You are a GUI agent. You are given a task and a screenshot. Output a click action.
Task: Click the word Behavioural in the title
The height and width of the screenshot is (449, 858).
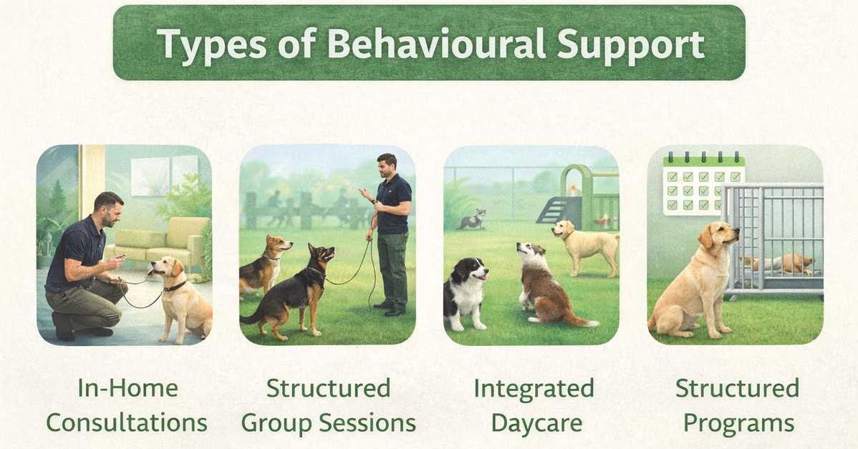pyautogui.click(x=437, y=43)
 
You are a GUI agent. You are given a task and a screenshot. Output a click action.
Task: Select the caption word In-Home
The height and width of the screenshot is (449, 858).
pyautogui.click(x=127, y=388)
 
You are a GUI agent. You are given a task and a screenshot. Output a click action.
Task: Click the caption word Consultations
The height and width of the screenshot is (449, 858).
pyautogui.click(x=126, y=423)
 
